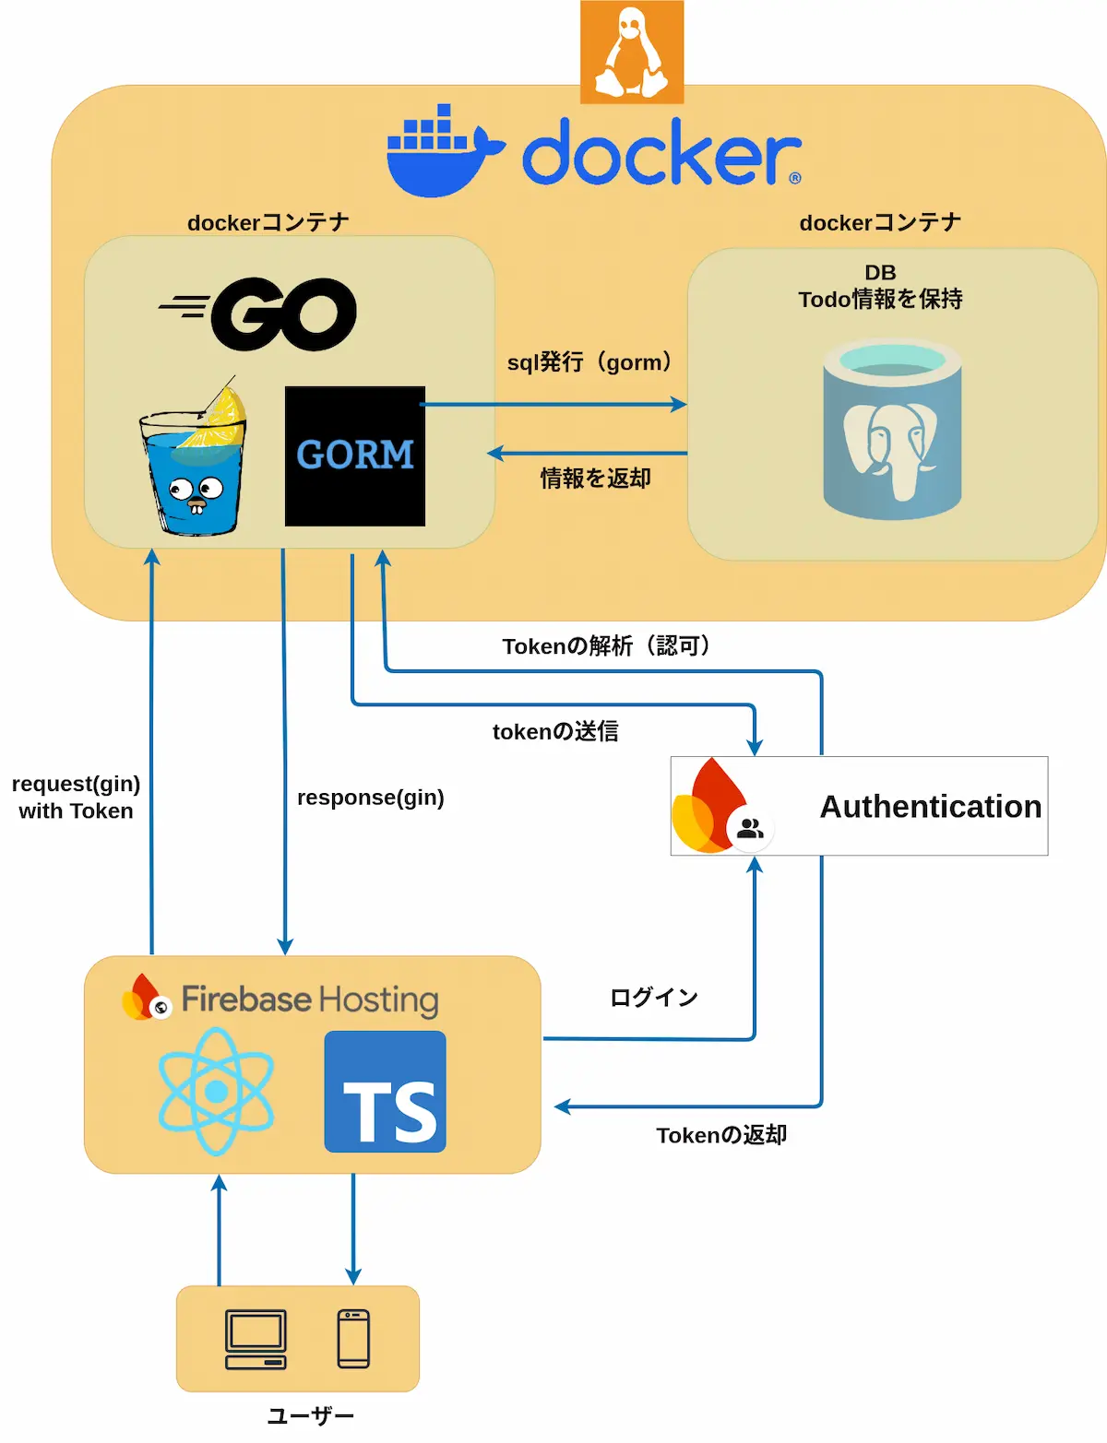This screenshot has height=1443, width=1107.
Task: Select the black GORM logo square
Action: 355,456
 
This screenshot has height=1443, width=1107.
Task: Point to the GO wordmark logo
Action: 257,314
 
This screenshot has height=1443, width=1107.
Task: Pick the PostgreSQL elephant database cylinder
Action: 892,429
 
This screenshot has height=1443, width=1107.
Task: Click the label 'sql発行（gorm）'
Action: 589,362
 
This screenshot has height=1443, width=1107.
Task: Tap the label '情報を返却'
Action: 595,479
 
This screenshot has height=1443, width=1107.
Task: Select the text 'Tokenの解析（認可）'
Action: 606,645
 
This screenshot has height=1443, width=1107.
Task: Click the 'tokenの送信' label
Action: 555,731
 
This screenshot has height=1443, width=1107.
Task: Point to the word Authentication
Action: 931,807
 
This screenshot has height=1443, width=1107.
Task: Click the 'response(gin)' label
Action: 371,798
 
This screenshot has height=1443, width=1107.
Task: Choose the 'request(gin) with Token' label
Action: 76,797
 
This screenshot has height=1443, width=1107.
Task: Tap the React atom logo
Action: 216,1091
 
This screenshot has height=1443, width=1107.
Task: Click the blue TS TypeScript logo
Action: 386,1092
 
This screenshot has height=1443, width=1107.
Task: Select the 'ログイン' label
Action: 653,997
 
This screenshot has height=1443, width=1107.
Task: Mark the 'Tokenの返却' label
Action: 721,1135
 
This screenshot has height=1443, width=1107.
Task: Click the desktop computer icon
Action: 256,1340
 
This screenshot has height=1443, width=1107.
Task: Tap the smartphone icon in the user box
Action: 353,1339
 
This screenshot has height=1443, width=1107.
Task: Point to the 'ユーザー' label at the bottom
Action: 310,1415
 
